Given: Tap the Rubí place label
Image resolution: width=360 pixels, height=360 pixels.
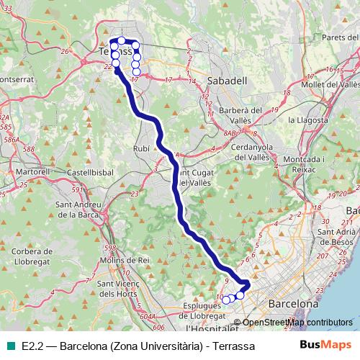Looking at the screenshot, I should point(142,148).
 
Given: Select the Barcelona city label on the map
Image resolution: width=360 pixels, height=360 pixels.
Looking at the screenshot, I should point(292,305).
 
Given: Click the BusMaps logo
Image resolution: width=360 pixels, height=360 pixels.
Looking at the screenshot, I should point(325,345).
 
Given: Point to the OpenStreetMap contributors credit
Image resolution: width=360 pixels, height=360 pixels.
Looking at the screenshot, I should point(297,323).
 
